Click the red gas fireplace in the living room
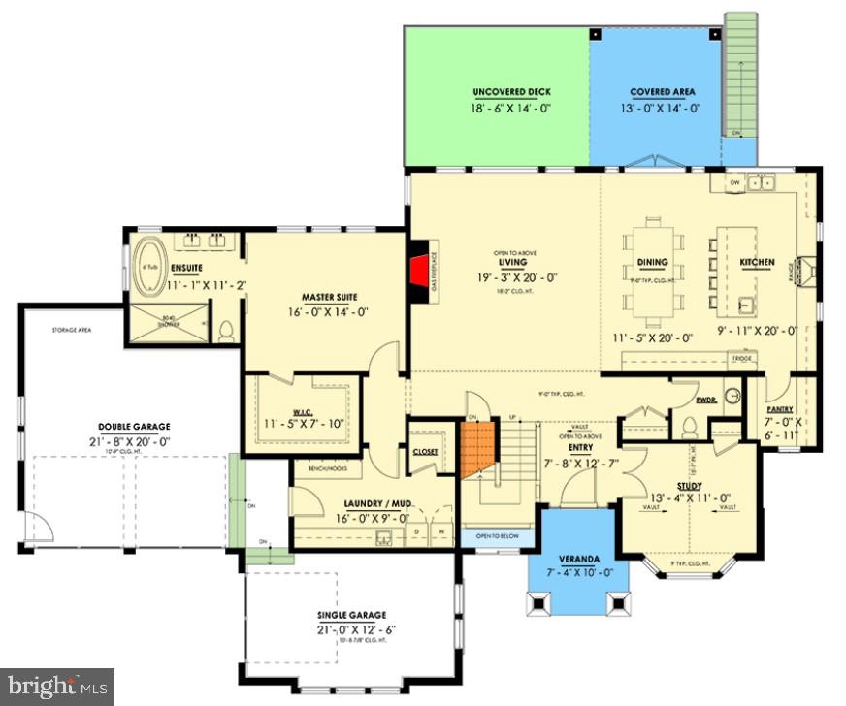(x=419, y=268)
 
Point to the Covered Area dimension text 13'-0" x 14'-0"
(x=662, y=108)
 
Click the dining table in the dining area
(x=653, y=262)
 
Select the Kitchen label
(x=757, y=262)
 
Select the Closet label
(x=424, y=452)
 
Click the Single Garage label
(x=351, y=615)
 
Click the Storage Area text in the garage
(x=72, y=331)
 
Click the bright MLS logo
(x=57, y=687)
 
